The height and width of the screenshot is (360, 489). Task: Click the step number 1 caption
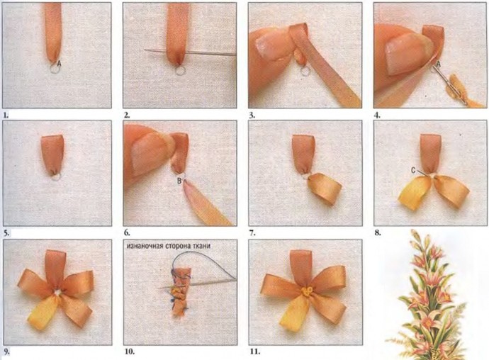pyautogui.click(x=6, y=115)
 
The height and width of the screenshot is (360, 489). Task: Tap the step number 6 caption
pyautogui.click(x=127, y=232)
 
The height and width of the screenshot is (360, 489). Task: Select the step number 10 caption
pyautogui.click(x=130, y=352)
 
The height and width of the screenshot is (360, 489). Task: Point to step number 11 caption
pyautogui.click(x=255, y=352)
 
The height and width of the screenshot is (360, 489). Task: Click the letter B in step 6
pyautogui.click(x=179, y=181)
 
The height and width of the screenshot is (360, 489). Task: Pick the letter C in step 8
pyautogui.click(x=413, y=170)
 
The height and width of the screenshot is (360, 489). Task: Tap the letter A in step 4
pyautogui.click(x=438, y=64)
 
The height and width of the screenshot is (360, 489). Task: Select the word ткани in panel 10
pyautogui.click(x=202, y=246)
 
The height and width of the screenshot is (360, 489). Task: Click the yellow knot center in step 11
pyautogui.click(x=306, y=292)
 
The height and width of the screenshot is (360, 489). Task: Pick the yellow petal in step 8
pyautogui.click(x=414, y=192)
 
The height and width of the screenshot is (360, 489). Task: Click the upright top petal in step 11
pyautogui.click(x=301, y=269)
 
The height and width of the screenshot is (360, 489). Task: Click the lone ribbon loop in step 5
pyautogui.click(x=52, y=154)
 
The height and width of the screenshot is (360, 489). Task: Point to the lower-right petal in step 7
pyautogui.click(x=325, y=189)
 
